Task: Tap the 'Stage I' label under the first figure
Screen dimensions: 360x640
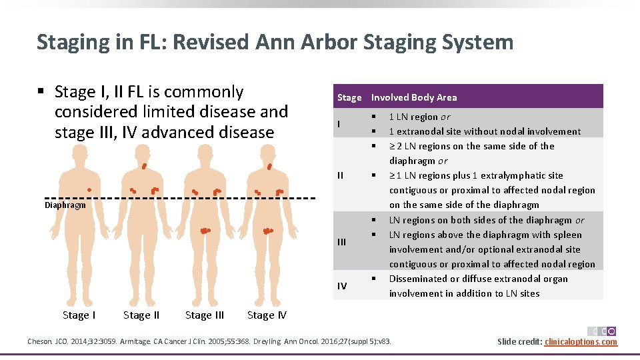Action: pyautogui.click(x=79, y=315)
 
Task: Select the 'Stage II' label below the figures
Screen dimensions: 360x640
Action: pyautogui.click(x=141, y=315)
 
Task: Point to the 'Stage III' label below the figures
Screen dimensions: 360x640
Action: pyautogui.click(x=205, y=315)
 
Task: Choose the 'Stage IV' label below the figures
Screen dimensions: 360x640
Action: pyautogui.click(x=267, y=315)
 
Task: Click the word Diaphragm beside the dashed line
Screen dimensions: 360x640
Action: pyautogui.click(x=65, y=205)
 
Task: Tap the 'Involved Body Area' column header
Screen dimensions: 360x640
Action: pyautogui.click(x=414, y=97)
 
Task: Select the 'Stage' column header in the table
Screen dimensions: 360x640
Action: pyautogui.click(x=349, y=97)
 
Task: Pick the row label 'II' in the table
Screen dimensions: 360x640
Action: pyautogui.click(x=340, y=175)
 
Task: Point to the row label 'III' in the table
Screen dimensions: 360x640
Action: pyautogui.click(x=341, y=242)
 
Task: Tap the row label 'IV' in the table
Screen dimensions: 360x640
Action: pyautogui.click(x=341, y=286)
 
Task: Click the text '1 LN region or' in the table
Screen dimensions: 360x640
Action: pyautogui.click(x=419, y=117)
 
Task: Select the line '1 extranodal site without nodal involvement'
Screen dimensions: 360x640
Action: pyautogui.click(x=485, y=131)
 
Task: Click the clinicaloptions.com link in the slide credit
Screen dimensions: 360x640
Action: pyautogui.click(x=581, y=342)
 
